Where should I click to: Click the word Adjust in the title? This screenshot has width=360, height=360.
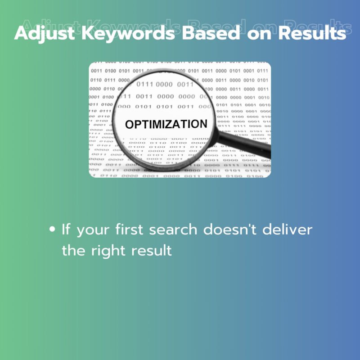pyautogui.click(x=45, y=33)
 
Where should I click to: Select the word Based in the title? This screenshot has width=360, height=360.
pyautogui.click(x=211, y=33)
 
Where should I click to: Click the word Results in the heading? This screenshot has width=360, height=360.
pyautogui.click(x=312, y=33)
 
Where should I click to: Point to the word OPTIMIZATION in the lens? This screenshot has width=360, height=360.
pyautogui.click(x=166, y=124)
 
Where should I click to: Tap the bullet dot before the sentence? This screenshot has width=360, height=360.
pyautogui.click(x=52, y=229)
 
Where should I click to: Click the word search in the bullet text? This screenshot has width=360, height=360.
pyautogui.click(x=173, y=229)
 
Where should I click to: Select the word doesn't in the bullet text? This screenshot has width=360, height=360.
pyautogui.click(x=229, y=229)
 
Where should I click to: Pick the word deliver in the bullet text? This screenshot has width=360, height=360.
pyautogui.click(x=287, y=229)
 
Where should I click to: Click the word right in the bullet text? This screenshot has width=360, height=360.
pyautogui.click(x=108, y=251)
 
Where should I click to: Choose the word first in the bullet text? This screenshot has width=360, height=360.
pyautogui.click(x=129, y=229)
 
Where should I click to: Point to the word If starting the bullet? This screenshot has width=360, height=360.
pyautogui.click(x=66, y=229)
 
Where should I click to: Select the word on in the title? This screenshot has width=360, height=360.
pyautogui.click(x=259, y=35)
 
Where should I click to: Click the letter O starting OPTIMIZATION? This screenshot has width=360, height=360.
pyautogui.click(x=129, y=125)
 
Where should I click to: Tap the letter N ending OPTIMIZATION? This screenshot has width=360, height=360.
pyautogui.click(x=204, y=124)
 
